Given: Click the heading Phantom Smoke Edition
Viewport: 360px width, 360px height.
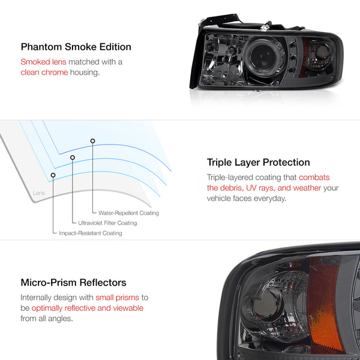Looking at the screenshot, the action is [76, 47].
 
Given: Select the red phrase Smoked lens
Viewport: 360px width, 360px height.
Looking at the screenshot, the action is [43, 62].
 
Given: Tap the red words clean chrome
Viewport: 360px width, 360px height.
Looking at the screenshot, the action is [44, 73].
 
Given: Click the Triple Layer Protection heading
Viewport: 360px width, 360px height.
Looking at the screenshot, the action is [258, 163].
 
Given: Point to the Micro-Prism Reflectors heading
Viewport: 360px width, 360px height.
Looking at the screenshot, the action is [73, 283].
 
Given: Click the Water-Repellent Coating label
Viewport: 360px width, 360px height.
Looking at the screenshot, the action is [128, 213].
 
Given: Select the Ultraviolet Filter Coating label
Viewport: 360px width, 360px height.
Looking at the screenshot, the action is [107, 223].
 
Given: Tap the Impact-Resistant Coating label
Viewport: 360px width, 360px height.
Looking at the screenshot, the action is [91, 233].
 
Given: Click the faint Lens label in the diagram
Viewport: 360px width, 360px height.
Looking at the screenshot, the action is [39, 193].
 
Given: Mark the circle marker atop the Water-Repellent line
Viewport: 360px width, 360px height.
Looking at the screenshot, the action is [92, 141].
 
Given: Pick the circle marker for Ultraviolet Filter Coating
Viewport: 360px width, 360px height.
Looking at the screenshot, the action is [73, 157].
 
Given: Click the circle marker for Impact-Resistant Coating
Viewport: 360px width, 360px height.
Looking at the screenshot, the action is [53, 175].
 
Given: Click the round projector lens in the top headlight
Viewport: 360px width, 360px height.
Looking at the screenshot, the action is [263, 57].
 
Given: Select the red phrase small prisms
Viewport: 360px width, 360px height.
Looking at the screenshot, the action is [118, 298].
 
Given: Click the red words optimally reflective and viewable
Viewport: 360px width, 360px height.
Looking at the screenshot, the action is [88, 308].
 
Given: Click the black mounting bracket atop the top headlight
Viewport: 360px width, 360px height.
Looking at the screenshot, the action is [220, 20].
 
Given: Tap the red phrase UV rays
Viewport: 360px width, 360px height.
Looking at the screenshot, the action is [260, 188].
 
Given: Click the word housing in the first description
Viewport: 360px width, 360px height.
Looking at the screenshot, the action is [85, 73].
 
